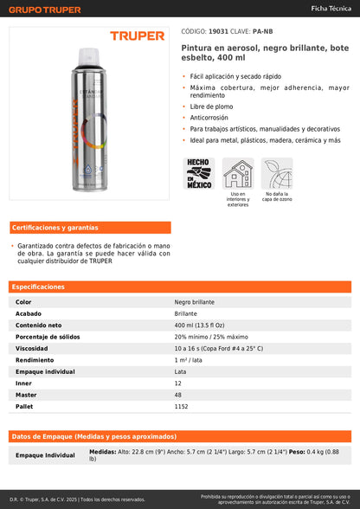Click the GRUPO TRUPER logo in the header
(x=45, y=10)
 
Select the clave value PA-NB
(x=264, y=30)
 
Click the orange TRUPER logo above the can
(x=137, y=36)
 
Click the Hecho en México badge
(x=199, y=172)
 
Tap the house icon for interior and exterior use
(x=237, y=173)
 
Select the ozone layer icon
(x=278, y=173)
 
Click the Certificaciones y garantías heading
(x=55, y=228)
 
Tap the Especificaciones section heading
(x=38, y=287)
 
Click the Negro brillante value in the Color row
(x=195, y=302)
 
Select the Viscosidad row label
(x=31, y=347)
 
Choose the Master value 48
(x=178, y=393)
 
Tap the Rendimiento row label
(x=35, y=359)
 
